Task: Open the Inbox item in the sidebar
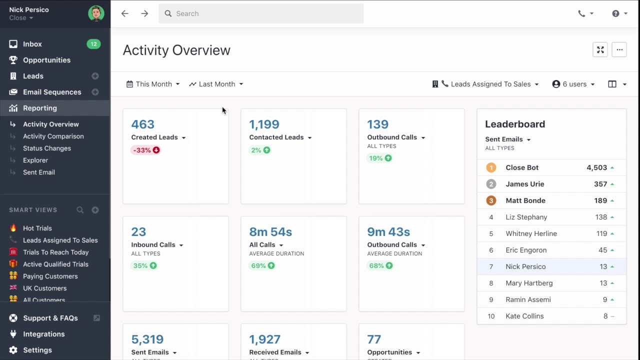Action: click(x=32, y=44)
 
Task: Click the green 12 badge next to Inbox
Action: click(x=93, y=44)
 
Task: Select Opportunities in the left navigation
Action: click(x=46, y=60)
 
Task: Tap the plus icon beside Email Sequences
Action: click(x=95, y=92)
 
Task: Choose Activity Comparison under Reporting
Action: click(x=53, y=136)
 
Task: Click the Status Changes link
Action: click(x=47, y=148)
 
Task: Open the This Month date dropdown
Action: click(x=153, y=84)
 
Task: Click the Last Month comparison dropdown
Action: click(x=216, y=84)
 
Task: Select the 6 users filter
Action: click(x=573, y=84)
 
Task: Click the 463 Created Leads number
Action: click(x=142, y=124)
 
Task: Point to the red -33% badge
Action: click(x=145, y=150)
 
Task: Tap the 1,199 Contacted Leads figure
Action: click(x=264, y=124)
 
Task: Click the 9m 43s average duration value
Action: click(x=388, y=231)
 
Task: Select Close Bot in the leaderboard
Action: click(x=522, y=167)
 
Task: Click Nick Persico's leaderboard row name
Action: click(x=525, y=266)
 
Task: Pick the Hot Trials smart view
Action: click(x=37, y=228)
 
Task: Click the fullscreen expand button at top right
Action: click(x=600, y=49)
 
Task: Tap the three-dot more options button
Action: click(x=619, y=49)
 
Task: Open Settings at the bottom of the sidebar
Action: click(x=37, y=350)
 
